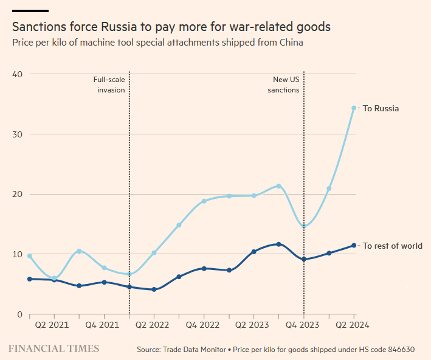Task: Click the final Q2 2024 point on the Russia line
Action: [x=354, y=108]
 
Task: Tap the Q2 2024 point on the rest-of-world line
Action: [x=354, y=246]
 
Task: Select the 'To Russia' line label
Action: [x=381, y=108]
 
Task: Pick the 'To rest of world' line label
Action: [x=392, y=246]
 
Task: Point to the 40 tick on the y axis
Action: [x=17, y=74]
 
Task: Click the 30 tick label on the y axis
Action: [x=17, y=134]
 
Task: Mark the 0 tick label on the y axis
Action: [x=19, y=314]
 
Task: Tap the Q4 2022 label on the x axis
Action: [x=204, y=325]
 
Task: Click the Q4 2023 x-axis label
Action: [x=304, y=325]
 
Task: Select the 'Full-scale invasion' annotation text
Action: [x=109, y=85]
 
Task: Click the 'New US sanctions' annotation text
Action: [x=286, y=85]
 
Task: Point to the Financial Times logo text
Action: [x=53, y=348]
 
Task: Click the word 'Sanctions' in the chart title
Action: [x=38, y=27]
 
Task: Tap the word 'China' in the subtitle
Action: [x=290, y=43]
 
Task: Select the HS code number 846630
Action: [x=399, y=350]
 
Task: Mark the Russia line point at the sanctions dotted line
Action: [x=304, y=226]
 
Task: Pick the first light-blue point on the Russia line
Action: [x=30, y=256]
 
